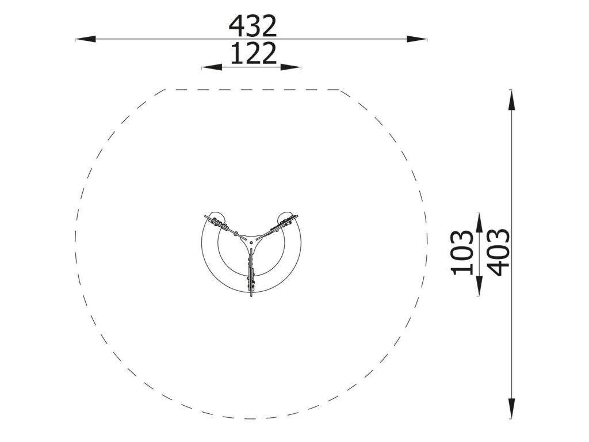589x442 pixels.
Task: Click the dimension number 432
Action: click(253, 26)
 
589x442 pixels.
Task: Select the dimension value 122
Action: click(253, 54)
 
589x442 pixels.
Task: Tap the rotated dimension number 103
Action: click(462, 253)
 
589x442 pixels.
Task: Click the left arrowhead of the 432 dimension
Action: click(86, 39)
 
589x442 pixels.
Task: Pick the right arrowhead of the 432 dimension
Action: click(416, 39)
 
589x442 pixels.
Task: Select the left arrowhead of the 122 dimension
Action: click(212, 67)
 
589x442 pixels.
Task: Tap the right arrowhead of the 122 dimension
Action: click(290, 67)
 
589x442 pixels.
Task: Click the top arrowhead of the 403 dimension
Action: click(511, 100)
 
